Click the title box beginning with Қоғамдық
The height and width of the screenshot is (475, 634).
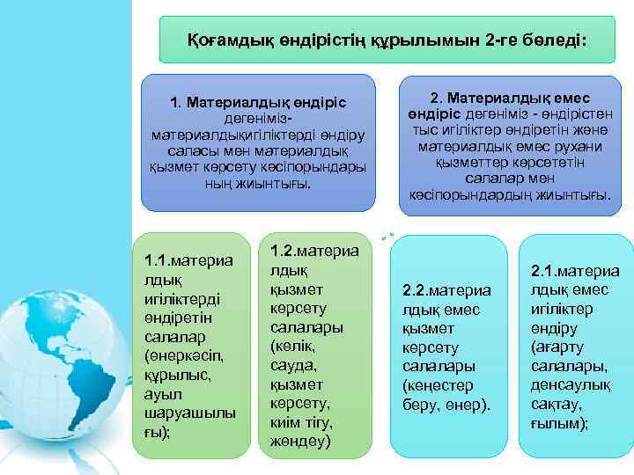(387, 40)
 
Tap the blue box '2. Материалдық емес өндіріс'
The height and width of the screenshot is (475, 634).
(510, 146)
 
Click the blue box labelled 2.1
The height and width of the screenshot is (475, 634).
(575, 346)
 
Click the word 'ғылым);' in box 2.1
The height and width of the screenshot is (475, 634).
(559, 423)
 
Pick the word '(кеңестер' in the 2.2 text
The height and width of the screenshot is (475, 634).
(438, 385)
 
